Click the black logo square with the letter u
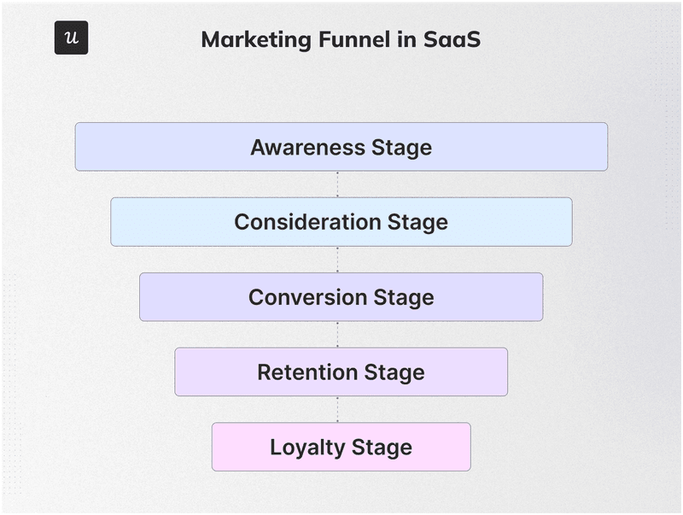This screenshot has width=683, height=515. pos(71,38)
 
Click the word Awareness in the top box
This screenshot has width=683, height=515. pos(307,147)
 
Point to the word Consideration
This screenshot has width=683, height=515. pos(308,222)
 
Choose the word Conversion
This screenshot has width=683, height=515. pos(307,297)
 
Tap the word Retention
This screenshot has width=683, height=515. pos(306,372)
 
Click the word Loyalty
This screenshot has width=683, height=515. pos(305,448)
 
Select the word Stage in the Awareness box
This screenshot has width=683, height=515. pos(400,147)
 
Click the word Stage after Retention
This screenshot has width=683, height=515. pos(394,372)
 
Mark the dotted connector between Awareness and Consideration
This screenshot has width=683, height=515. pos(337,184)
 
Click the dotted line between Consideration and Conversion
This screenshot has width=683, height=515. pos(337,260)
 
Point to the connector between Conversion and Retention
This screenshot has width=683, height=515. pos(337,335)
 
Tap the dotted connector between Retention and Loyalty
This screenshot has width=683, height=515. pos(337,409)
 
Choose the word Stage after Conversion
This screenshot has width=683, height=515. pos(403,297)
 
